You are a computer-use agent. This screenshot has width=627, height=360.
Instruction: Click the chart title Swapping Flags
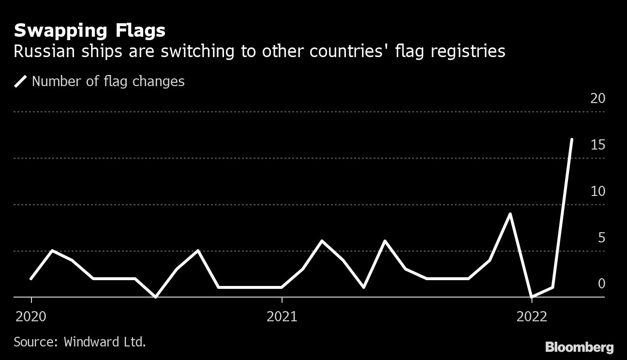[x=90, y=31]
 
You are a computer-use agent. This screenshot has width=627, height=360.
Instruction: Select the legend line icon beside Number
[x=21, y=81]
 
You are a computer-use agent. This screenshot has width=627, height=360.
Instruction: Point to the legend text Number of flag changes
[x=108, y=81]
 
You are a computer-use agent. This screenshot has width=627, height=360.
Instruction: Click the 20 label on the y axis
[x=598, y=99]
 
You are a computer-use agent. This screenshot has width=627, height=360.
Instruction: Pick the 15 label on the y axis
[x=598, y=145]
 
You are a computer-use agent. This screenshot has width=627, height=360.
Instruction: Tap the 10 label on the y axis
[x=598, y=192]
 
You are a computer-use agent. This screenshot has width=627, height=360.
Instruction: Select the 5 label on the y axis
[x=601, y=238]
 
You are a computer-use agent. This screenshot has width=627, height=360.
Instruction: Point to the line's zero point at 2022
[x=532, y=297]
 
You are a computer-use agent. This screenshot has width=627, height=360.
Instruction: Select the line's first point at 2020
[x=31, y=279]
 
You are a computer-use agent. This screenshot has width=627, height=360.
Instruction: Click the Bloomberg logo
[x=579, y=347]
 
